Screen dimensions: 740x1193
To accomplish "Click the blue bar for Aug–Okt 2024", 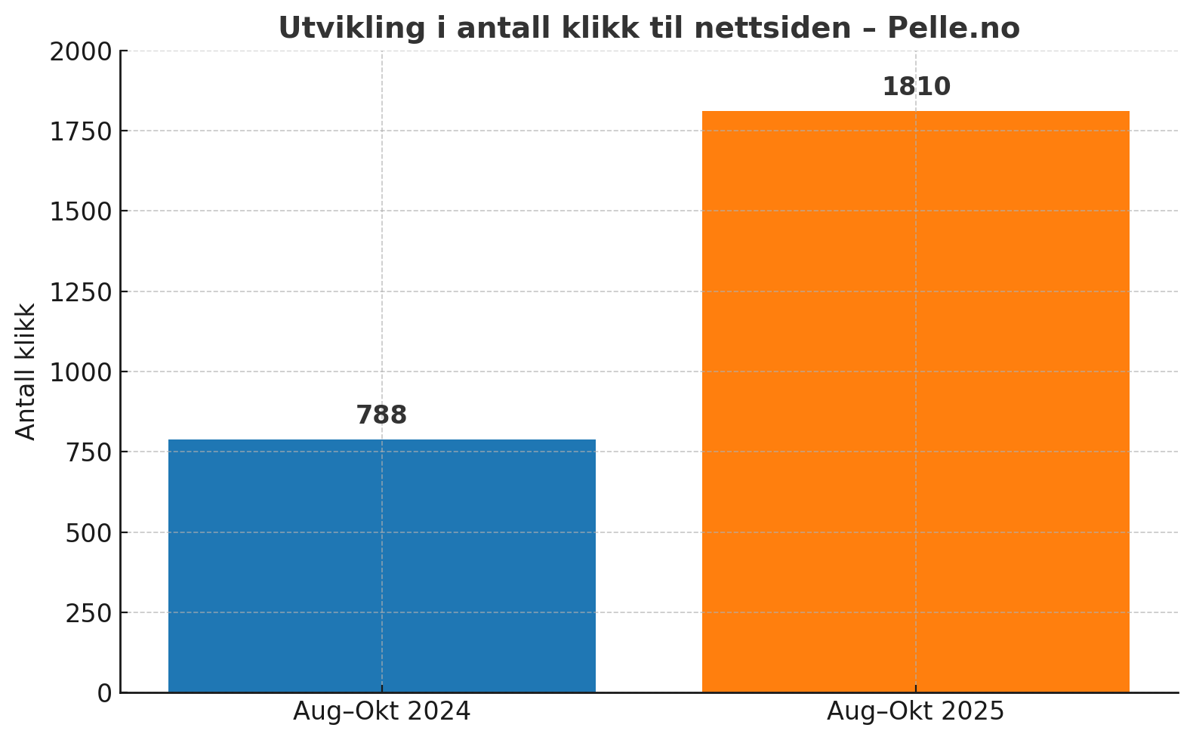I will (x=381, y=566).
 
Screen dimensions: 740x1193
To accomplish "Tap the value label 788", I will (x=381, y=415).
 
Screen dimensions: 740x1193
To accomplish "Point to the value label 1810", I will (x=916, y=87).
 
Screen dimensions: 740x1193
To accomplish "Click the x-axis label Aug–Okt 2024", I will (x=381, y=711).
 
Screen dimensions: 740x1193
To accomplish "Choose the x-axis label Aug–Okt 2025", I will (x=915, y=711).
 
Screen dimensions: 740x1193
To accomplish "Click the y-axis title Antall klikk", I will (x=26, y=372).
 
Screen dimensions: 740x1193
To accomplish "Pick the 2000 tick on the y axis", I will (x=80, y=51).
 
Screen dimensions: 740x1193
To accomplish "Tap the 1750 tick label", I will (x=80, y=131).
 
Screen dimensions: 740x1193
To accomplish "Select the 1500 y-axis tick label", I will (x=80, y=211).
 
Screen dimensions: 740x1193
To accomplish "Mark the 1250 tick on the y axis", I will (x=80, y=291).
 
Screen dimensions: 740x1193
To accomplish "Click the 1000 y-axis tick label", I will (x=80, y=372).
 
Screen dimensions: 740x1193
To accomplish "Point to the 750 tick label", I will (x=89, y=452).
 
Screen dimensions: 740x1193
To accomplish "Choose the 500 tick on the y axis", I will (x=89, y=532).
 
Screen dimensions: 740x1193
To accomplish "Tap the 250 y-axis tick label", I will (x=89, y=612).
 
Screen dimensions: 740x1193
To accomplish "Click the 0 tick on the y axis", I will (x=105, y=693).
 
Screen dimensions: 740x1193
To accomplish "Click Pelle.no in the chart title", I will (x=953, y=29).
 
